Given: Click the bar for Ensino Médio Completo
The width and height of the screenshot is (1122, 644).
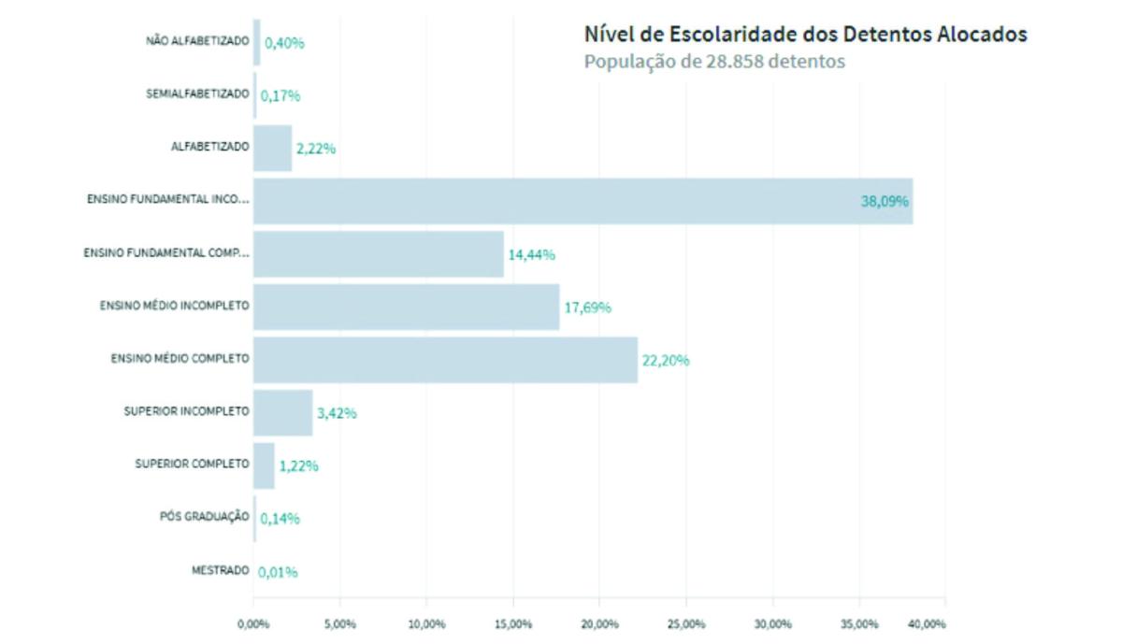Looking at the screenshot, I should (x=445, y=360).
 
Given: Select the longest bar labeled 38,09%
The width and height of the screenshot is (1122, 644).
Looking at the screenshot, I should (x=583, y=201).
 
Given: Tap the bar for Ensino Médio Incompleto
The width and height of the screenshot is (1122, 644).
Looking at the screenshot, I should (x=406, y=307).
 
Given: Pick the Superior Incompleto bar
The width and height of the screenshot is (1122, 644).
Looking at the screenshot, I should (x=282, y=413).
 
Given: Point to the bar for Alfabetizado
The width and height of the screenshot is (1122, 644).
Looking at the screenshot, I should (x=272, y=148).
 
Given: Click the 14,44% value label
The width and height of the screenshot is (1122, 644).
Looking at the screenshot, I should (x=531, y=254).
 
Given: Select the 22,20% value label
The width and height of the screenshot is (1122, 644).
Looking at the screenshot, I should (x=665, y=360).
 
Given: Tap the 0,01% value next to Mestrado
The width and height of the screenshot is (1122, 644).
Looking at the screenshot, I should (x=278, y=572).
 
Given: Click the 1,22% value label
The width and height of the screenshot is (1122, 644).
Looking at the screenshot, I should (x=298, y=465).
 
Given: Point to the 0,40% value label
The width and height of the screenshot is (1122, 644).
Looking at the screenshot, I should (x=284, y=42).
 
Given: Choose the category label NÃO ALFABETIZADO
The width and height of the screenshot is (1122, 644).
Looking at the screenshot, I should (x=197, y=41).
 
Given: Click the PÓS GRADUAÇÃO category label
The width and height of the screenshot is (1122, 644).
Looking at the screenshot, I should (x=205, y=517).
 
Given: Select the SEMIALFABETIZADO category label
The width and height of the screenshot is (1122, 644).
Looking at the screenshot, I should (x=197, y=94).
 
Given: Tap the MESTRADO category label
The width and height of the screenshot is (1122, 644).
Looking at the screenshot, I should (x=221, y=570).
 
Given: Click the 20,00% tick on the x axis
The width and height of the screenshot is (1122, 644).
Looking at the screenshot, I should (x=599, y=624).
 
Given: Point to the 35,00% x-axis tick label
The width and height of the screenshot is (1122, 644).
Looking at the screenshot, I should (x=859, y=624).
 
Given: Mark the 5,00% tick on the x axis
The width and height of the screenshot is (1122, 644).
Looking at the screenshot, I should (x=339, y=624).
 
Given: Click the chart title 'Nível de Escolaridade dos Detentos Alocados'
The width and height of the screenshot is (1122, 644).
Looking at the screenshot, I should (x=805, y=35).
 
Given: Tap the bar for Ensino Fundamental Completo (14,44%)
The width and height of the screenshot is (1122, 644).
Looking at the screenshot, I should (x=378, y=254).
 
